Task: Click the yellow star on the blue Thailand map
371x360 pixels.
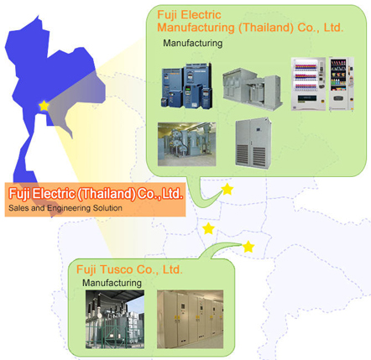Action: coord(44,106)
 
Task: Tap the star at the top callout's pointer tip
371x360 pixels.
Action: coord(227,190)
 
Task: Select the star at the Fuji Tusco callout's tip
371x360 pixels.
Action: coord(248,247)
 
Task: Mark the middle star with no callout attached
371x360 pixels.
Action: coord(208,228)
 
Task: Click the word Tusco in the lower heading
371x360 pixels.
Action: coord(116,269)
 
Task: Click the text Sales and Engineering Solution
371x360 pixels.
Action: coord(65,208)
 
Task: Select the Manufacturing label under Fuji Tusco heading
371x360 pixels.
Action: coord(112,283)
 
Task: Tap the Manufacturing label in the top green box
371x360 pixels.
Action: coord(193,43)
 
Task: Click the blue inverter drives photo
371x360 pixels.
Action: coord(186,86)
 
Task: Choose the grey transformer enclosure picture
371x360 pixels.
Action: coord(252,89)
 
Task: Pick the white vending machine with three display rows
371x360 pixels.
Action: coord(308,84)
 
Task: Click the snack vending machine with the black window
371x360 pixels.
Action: coord(342,84)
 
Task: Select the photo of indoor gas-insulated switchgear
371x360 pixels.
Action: coord(187,144)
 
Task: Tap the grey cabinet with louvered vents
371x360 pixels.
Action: coord(253,143)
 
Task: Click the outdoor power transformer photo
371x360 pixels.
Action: coord(115,319)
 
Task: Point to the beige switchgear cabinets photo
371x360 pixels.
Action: coord(191,319)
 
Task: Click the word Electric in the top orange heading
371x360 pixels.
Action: coord(201,14)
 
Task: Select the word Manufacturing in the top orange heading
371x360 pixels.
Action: coord(196,28)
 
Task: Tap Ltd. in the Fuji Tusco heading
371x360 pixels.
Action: coord(173,269)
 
